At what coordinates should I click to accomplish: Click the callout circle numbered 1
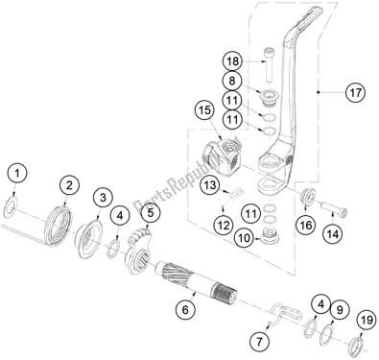[x=14, y=175]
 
